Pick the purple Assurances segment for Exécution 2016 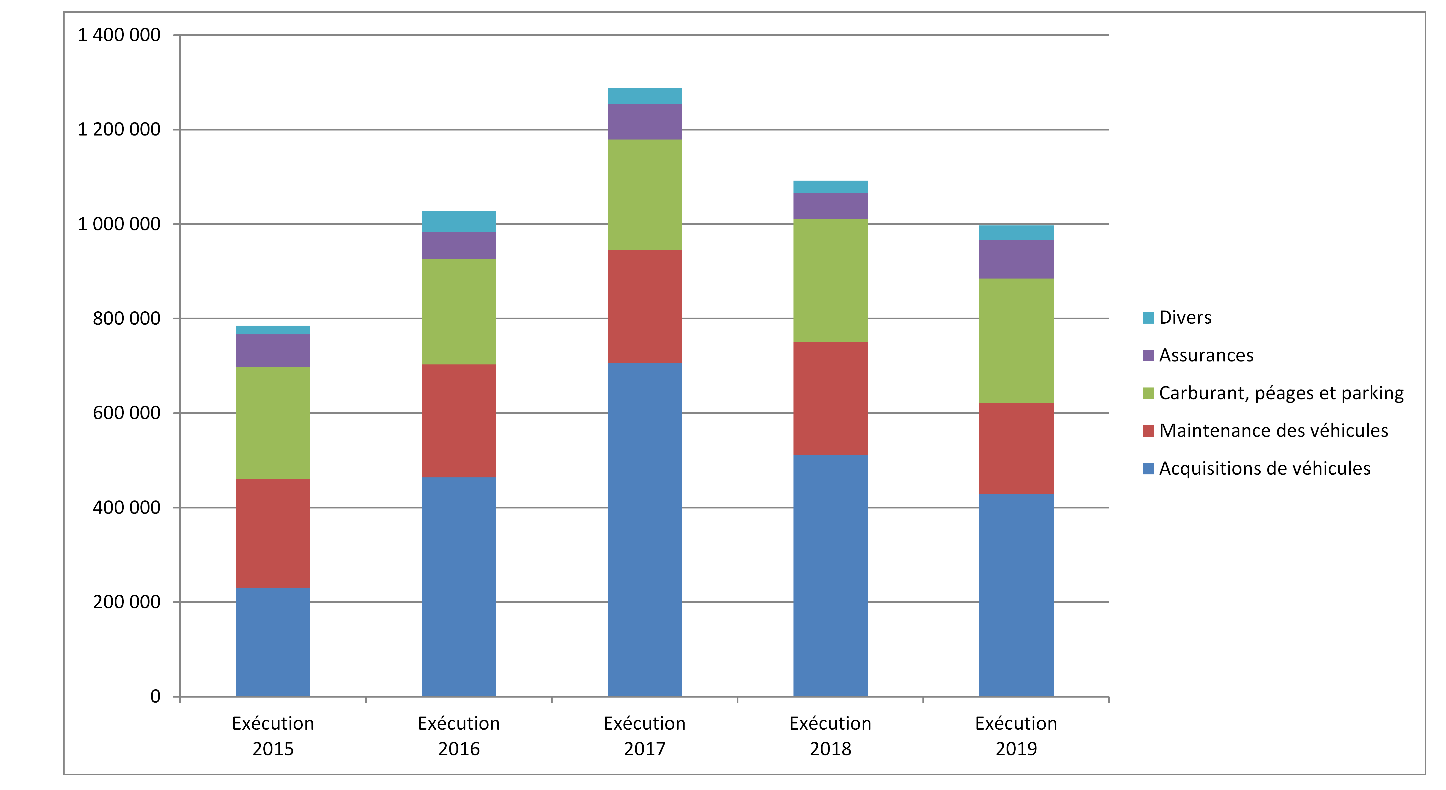click(459, 245)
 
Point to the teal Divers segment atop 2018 click(830, 187)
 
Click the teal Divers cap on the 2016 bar click(459, 221)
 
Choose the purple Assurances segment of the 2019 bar click(1016, 259)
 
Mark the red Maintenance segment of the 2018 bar click(830, 398)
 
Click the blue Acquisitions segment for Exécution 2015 click(273, 642)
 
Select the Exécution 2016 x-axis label click(459, 736)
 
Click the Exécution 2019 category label click(1016, 736)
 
